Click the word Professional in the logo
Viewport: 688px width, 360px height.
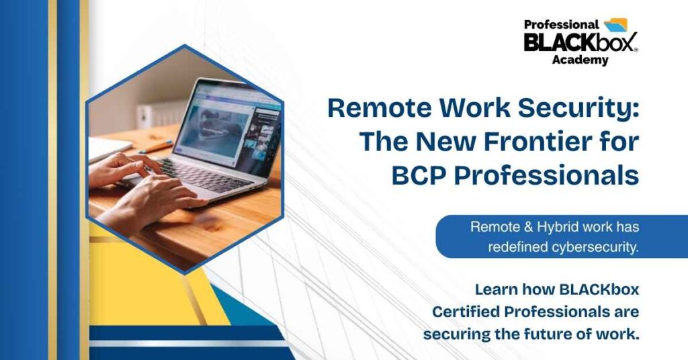coord(561,25)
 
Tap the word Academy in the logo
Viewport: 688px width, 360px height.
coord(580,60)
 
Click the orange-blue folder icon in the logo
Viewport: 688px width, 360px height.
coord(616,25)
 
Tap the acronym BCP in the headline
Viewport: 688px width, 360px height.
coord(418,175)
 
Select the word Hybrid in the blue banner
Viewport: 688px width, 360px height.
coord(551,228)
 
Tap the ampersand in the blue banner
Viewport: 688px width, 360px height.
coord(515,227)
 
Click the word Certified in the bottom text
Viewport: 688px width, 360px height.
coord(466,312)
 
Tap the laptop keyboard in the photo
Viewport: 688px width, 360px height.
coord(201,175)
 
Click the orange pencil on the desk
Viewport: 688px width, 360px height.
coord(156,146)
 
